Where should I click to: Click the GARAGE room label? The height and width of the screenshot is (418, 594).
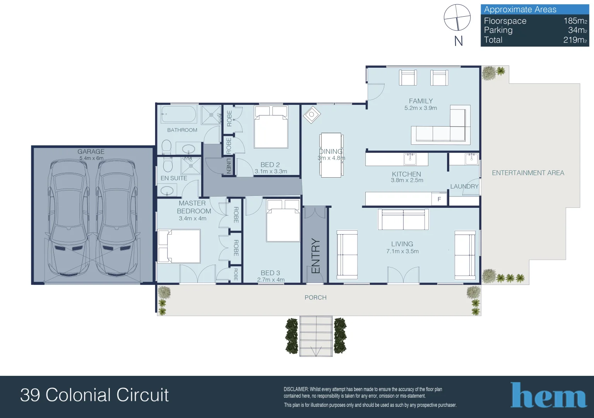click(x=91, y=152)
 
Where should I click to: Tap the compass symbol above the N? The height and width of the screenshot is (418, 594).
click(x=457, y=17)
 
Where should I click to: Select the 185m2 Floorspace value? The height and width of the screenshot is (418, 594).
click(x=575, y=21)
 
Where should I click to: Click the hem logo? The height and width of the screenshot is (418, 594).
click(x=548, y=396)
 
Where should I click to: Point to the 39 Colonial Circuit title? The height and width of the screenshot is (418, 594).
click(x=94, y=395)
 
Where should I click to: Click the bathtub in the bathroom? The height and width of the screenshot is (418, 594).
click(x=179, y=114)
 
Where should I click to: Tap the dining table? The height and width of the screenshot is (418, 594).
click(x=331, y=155)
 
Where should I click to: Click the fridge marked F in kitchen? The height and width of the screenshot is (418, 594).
click(x=439, y=199)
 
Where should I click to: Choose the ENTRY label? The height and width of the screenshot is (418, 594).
click(x=316, y=256)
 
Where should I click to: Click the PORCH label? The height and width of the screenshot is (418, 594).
click(x=315, y=298)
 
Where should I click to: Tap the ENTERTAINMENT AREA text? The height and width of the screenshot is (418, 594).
click(x=528, y=173)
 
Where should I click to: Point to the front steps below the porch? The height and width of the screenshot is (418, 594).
click(x=316, y=336)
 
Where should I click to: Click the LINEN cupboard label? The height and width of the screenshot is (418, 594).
click(x=229, y=166)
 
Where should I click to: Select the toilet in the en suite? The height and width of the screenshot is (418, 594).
click(x=168, y=165)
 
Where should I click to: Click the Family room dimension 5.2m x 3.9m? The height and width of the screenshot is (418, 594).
click(x=421, y=108)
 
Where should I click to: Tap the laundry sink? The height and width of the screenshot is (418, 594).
click(x=471, y=158)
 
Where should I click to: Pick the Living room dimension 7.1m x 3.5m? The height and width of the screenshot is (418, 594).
click(x=402, y=252)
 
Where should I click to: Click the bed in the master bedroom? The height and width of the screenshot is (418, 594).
click(x=179, y=247)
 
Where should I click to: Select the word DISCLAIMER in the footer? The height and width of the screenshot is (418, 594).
click(x=296, y=389)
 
